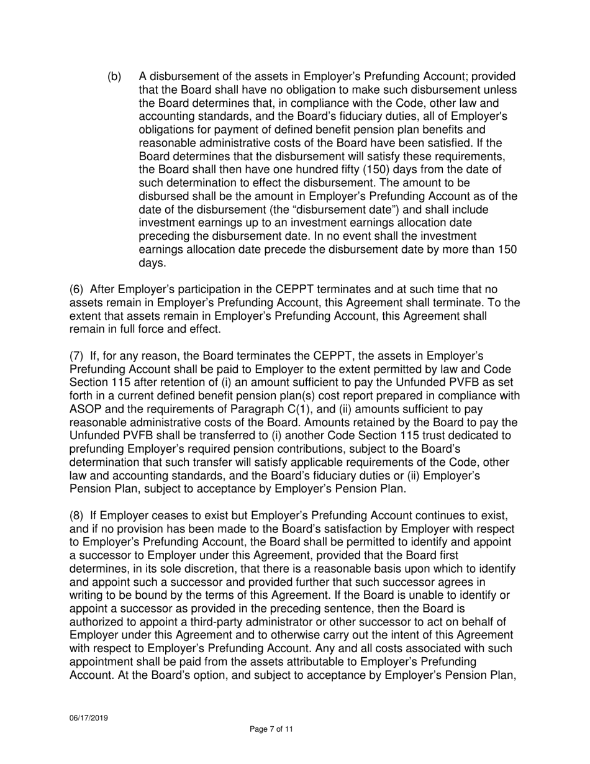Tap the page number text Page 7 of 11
click(271, 729)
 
